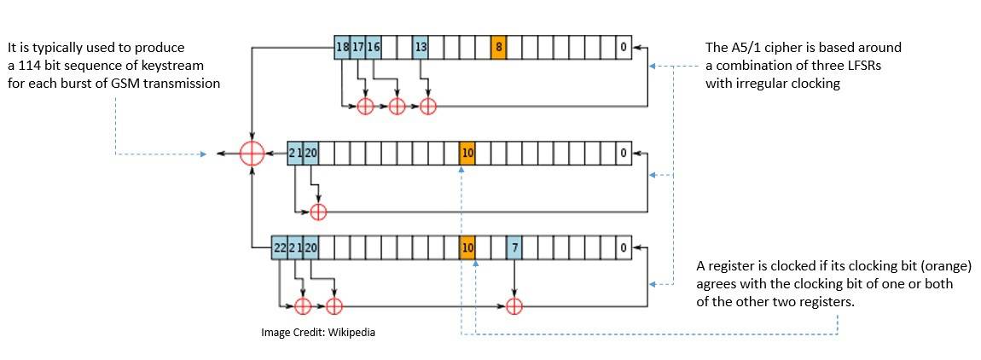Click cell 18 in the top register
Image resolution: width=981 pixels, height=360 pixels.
[x=342, y=47]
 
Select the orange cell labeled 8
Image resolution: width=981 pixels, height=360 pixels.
[x=498, y=47]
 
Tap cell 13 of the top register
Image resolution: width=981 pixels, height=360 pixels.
[x=421, y=47]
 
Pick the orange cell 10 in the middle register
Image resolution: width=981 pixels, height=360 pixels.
[x=467, y=154]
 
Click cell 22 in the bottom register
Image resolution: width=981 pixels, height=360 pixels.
[x=279, y=247]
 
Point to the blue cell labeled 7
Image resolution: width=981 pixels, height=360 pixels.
[x=514, y=247]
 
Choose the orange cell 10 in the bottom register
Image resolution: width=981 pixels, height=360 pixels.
[x=467, y=247]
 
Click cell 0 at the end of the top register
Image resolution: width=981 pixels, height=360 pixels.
[x=624, y=47]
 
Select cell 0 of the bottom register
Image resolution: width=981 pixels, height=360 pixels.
[x=624, y=247]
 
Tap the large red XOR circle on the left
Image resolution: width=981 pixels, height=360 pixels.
[x=252, y=154]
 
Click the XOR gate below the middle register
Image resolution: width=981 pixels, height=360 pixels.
[x=318, y=211]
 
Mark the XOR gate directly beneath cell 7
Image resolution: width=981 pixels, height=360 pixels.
[x=514, y=305]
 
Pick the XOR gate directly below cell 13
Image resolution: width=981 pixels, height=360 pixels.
[x=428, y=106]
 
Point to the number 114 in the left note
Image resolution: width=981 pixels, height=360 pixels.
[x=34, y=66]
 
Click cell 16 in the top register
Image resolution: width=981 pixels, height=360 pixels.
[x=374, y=47]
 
